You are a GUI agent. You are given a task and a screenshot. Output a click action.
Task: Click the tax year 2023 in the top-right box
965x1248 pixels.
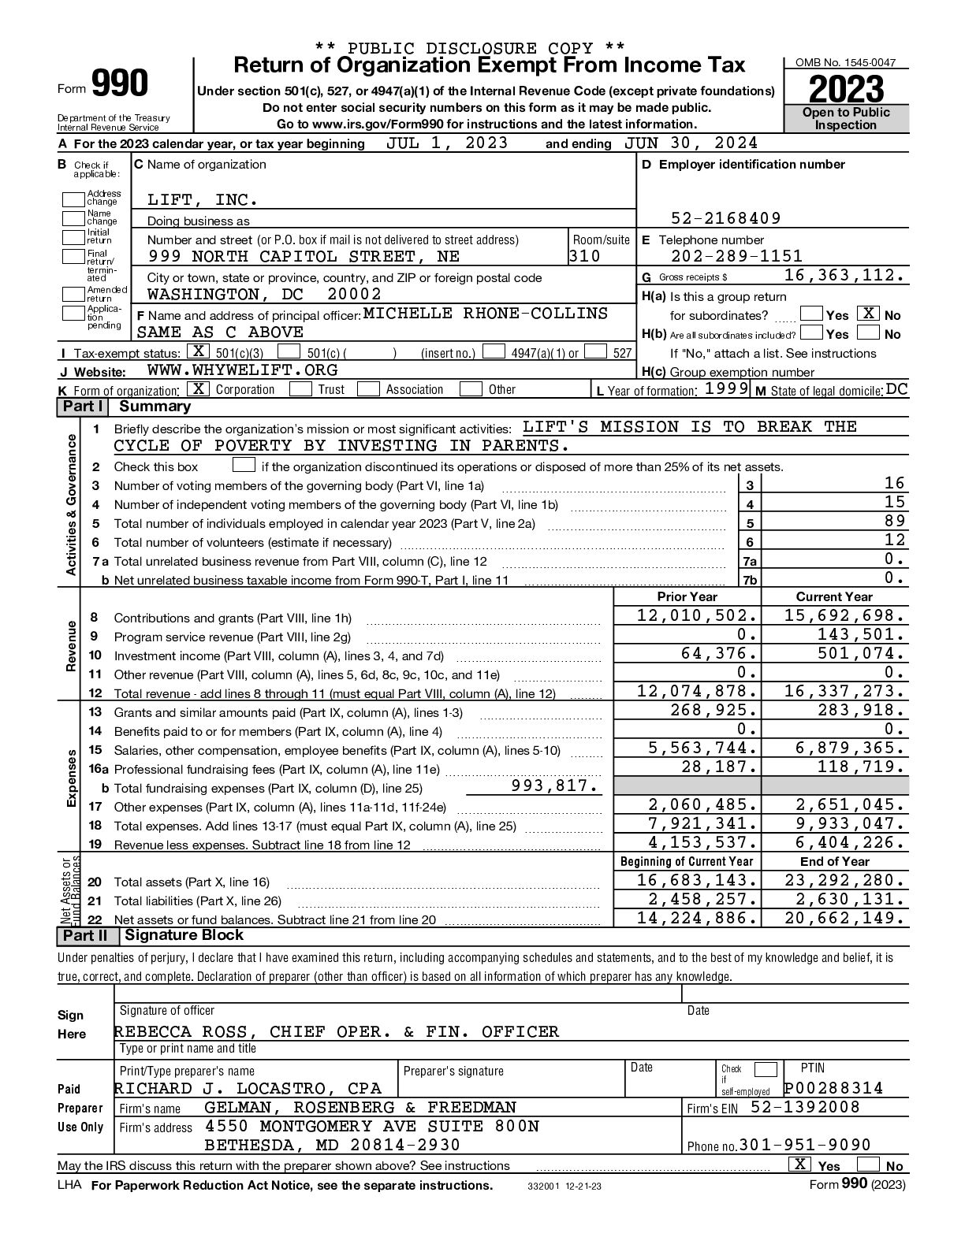tap(846, 88)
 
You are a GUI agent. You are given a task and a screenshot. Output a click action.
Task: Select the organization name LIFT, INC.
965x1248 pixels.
tap(203, 200)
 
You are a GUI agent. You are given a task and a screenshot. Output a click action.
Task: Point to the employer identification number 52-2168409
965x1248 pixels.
tap(726, 218)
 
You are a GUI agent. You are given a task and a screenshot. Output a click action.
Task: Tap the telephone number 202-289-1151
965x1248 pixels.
tap(736, 256)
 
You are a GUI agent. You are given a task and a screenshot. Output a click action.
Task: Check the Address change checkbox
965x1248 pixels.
tap(73, 199)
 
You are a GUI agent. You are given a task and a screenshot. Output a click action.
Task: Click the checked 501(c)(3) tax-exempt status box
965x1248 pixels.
tap(199, 352)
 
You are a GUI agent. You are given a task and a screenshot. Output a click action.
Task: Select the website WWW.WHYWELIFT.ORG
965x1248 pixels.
tap(242, 370)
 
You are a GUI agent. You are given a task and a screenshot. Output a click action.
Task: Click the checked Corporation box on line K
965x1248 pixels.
tap(199, 389)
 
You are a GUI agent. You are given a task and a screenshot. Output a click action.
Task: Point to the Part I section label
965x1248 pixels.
tap(83, 407)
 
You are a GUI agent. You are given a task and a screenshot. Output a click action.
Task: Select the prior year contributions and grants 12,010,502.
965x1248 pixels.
tap(697, 616)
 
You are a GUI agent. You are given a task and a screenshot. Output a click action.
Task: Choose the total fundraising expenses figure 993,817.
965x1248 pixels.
tap(555, 786)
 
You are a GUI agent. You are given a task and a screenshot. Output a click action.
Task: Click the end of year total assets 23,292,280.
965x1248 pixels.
tap(844, 881)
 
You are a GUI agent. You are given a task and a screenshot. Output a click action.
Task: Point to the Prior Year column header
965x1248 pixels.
tap(687, 597)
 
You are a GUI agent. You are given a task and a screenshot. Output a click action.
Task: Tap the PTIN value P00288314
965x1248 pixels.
tap(833, 1089)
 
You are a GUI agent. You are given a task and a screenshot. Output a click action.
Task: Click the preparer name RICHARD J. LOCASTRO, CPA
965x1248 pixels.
tap(248, 1089)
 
